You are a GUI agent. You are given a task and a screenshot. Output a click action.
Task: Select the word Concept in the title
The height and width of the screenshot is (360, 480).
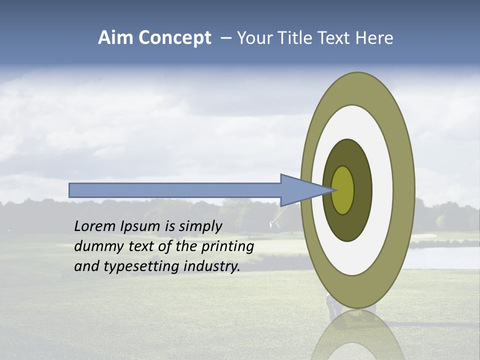(x=175, y=38)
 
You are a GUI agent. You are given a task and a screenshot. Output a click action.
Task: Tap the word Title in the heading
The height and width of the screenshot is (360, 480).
(x=297, y=38)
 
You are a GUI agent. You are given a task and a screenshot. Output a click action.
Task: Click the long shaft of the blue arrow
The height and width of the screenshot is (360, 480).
(x=175, y=190)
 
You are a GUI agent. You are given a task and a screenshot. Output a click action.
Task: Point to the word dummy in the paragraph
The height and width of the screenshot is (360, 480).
(x=98, y=246)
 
